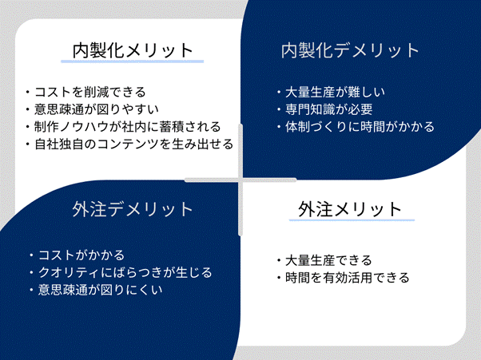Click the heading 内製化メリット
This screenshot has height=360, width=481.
[x=133, y=50]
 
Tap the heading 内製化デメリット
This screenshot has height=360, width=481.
[x=350, y=50]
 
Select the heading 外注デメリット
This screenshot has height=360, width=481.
[x=133, y=209]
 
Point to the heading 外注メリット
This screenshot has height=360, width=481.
[x=350, y=209]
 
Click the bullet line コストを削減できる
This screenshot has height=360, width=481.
[x=90, y=92]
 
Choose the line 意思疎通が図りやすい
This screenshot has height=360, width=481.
[x=97, y=109]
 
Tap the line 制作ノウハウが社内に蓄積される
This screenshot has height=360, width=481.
[x=128, y=127]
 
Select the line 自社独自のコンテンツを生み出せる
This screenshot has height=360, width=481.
[x=134, y=144]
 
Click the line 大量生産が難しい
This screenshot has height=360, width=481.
[x=335, y=92]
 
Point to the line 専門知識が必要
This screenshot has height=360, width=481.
[x=329, y=109]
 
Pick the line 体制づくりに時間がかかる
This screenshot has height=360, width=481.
[x=360, y=127]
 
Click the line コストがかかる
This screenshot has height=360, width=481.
[x=81, y=255]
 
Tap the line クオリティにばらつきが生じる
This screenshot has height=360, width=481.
[x=125, y=273]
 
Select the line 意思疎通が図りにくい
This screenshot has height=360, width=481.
[x=101, y=290]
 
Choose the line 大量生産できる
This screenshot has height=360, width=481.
[x=328, y=260]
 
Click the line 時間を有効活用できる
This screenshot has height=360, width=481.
[x=348, y=278]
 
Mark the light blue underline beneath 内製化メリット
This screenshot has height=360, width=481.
[x=132, y=61]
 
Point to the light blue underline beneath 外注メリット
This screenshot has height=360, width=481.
[x=352, y=220]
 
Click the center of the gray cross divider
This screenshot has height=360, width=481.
[x=240, y=180]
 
